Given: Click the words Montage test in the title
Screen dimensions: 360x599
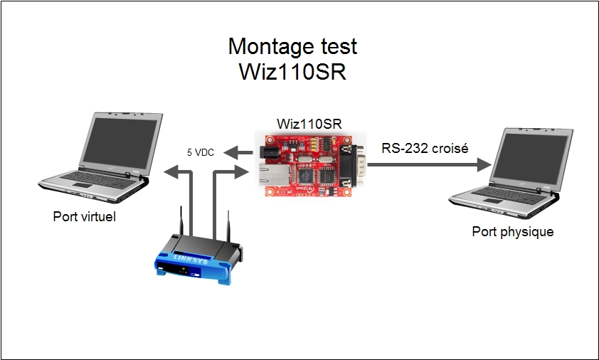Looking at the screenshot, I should click(292, 48).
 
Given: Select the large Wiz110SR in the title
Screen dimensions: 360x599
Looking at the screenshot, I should click(292, 72).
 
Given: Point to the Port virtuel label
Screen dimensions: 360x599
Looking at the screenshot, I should click(84, 216).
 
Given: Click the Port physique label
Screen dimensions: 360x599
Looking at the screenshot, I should click(512, 232).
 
